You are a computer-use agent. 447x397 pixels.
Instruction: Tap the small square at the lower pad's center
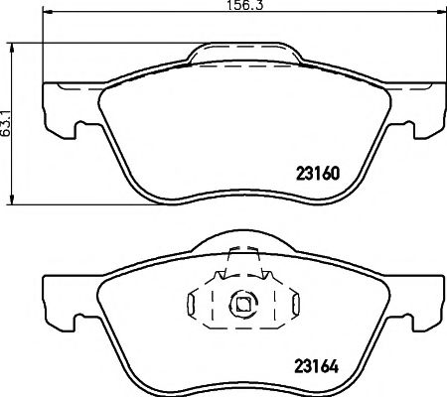(x=238, y=306)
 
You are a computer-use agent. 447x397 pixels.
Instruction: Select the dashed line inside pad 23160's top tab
(x=243, y=66)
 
